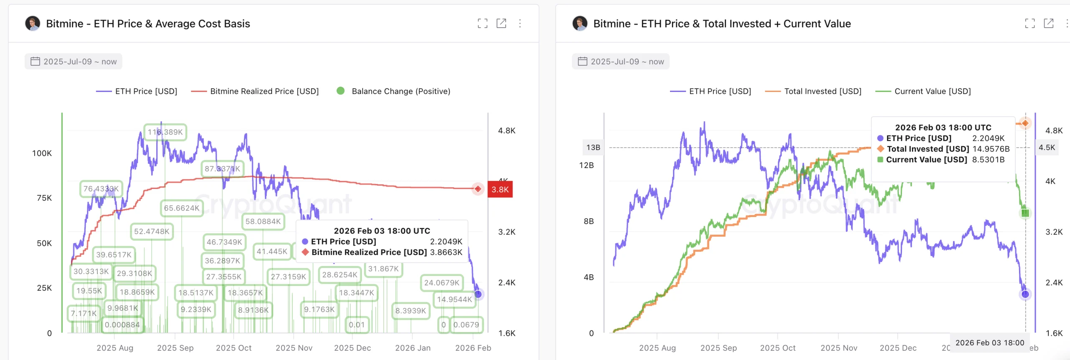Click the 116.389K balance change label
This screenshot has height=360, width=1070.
pyautogui.click(x=165, y=132)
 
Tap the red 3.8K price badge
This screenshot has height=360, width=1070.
pyautogui.click(x=500, y=189)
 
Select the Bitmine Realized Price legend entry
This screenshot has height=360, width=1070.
pyautogui.click(x=255, y=91)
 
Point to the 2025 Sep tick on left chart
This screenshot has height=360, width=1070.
pyautogui.click(x=175, y=348)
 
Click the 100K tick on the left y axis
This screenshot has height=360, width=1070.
pyautogui.click(x=42, y=153)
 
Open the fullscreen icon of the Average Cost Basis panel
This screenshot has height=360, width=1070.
pyautogui.click(x=482, y=23)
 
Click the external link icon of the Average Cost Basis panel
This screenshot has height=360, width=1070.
pyautogui.click(x=501, y=23)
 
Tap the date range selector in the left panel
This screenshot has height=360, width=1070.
pyautogui.click(x=74, y=61)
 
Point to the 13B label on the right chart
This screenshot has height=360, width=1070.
pyautogui.click(x=593, y=148)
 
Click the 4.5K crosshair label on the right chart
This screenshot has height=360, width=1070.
pyautogui.click(x=1047, y=148)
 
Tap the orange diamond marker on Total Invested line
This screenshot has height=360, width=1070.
pyautogui.click(x=1025, y=123)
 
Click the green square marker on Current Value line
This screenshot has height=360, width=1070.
pyautogui.click(x=1025, y=213)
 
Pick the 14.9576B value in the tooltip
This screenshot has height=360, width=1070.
pyautogui.click(x=991, y=149)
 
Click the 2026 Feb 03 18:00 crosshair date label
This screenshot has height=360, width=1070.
pyautogui.click(x=990, y=343)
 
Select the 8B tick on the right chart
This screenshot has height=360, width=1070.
pyautogui.click(x=588, y=221)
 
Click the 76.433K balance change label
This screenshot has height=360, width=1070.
pyautogui.click(x=101, y=189)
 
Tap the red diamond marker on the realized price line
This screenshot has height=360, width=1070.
pyautogui.click(x=478, y=189)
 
